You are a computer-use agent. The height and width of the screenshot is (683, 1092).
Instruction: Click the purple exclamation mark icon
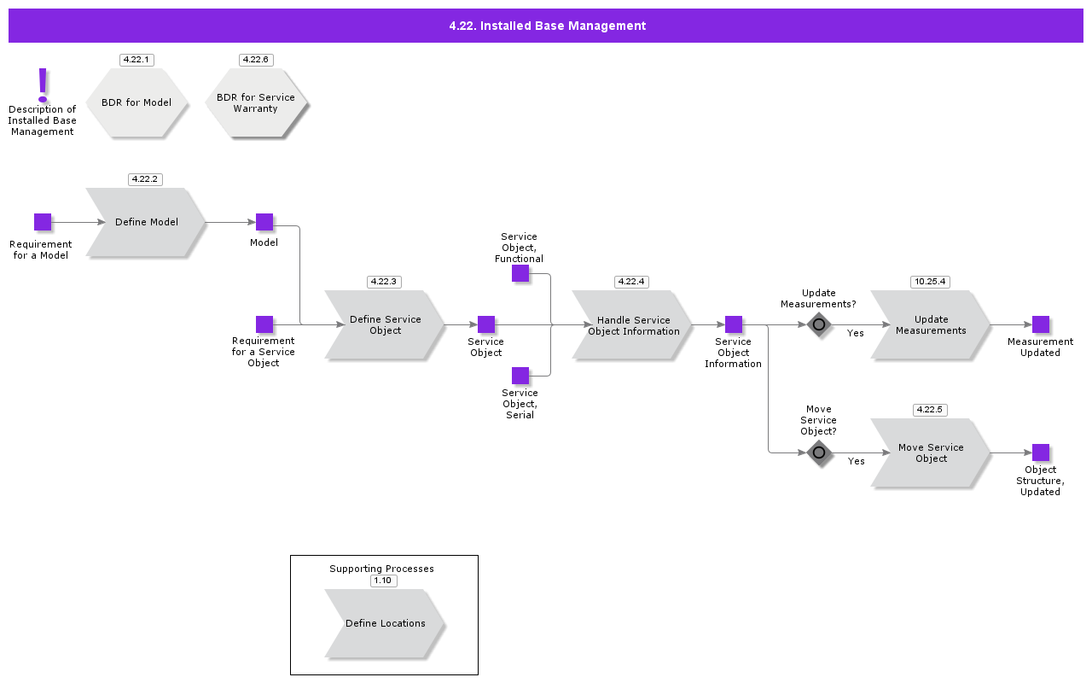(43, 85)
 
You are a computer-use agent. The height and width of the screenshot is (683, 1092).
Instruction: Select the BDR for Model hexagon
(136, 102)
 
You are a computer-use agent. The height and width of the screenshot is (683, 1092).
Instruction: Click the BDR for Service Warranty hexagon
(256, 103)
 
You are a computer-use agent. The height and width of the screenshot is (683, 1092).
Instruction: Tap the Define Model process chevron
(146, 222)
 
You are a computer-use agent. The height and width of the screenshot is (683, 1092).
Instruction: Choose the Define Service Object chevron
(385, 324)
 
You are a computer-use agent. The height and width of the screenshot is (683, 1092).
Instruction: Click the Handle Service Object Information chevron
(632, 324)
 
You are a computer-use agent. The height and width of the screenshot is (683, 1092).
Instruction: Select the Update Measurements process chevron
(931, 324)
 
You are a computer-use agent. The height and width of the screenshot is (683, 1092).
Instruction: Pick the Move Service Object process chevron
(931, 452)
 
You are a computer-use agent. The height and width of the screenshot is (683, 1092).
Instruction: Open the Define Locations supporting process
(385, 623)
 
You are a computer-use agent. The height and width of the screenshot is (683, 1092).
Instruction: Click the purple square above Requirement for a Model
(43, 222)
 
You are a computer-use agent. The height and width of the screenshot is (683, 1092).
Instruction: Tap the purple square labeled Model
(264, 222)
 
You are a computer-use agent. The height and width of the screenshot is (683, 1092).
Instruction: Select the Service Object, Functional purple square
(520, 273)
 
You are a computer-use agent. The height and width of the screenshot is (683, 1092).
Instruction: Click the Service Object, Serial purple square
(520, 376)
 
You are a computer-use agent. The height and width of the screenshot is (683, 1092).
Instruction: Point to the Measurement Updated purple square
(1041, 324)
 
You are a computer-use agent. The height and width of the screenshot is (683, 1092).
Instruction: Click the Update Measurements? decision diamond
(819, 324)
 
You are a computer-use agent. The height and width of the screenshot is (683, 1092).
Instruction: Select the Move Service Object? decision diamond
(819, 452)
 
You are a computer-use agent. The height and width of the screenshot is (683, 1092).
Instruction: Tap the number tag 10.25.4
(930, 282)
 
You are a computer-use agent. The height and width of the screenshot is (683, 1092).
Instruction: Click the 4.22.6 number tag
(256, 60)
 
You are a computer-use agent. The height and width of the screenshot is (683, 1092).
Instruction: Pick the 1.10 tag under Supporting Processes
(383, 581)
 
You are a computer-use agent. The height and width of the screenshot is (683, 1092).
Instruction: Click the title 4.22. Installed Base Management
(547, 26)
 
